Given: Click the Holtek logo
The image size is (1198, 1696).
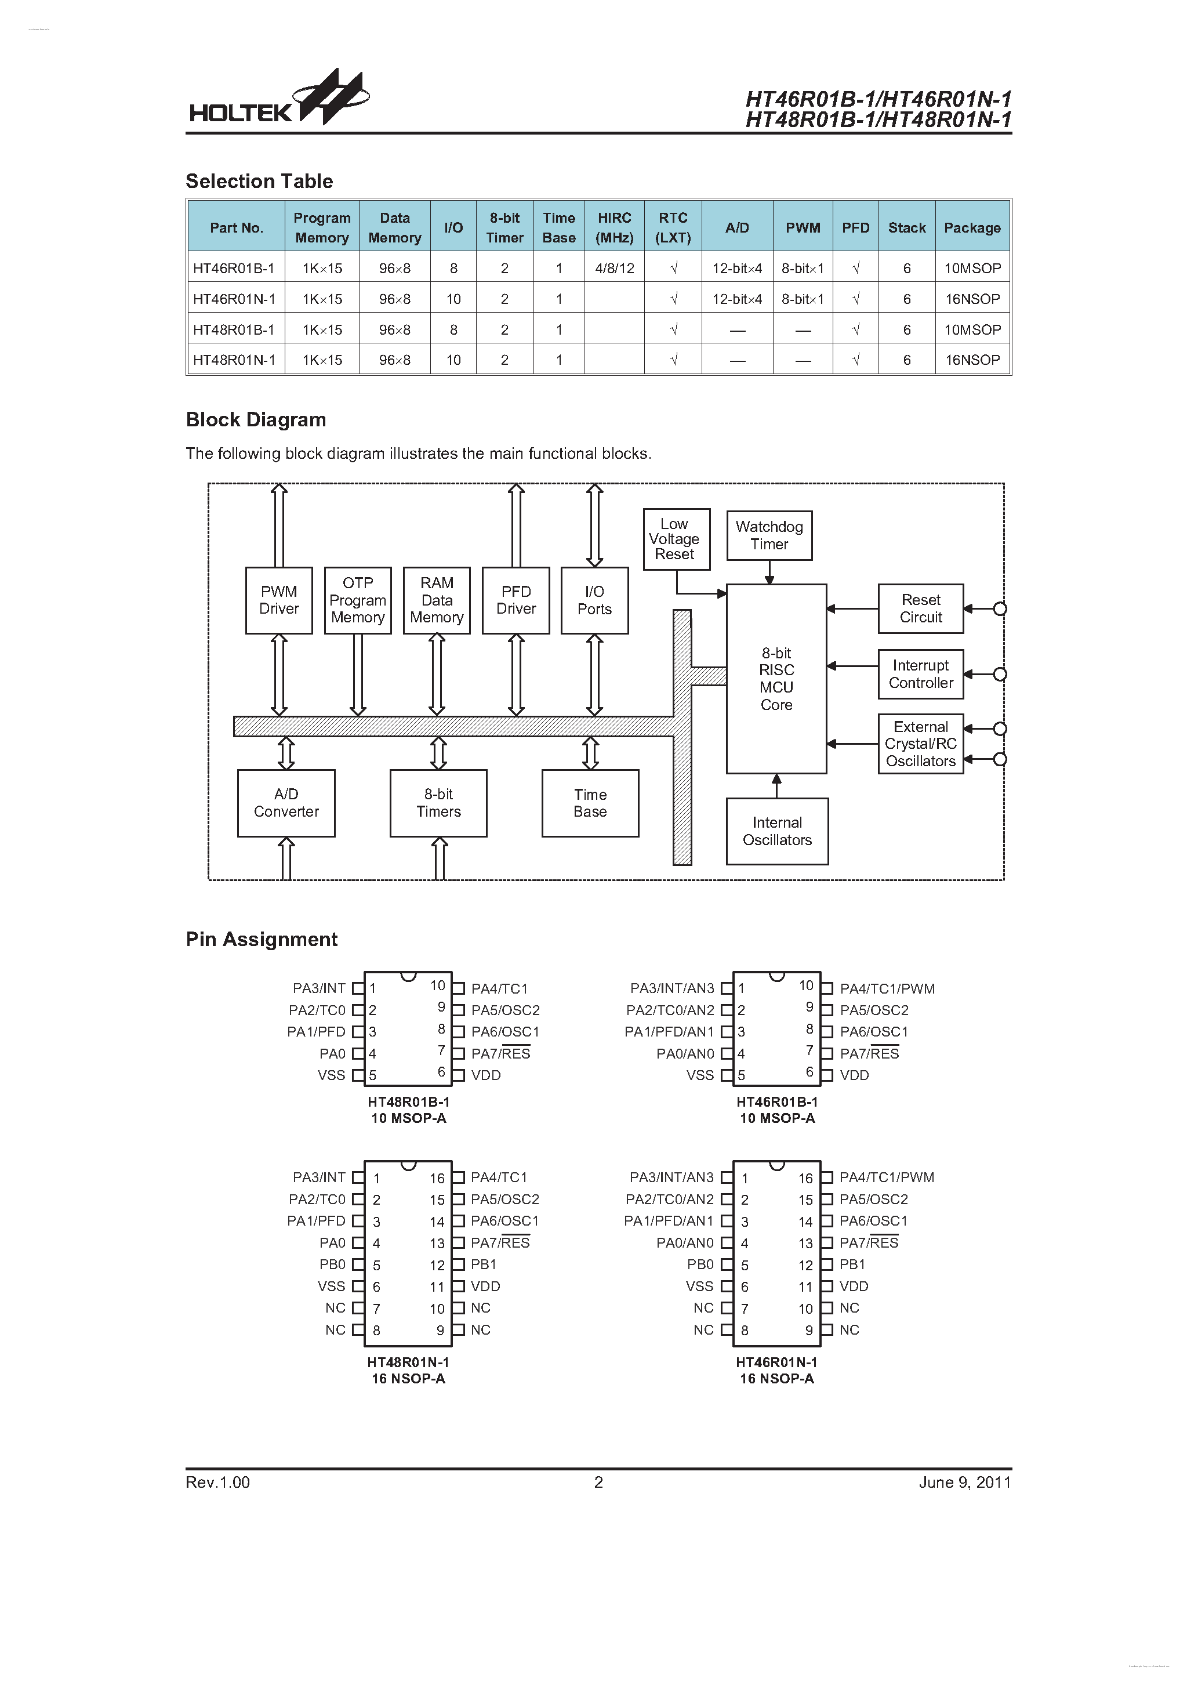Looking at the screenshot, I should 278,100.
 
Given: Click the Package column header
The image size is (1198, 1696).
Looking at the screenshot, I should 971,227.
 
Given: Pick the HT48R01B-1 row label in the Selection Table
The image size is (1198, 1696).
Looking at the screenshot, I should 234,330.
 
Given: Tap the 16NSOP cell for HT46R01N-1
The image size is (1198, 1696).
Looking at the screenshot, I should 972,299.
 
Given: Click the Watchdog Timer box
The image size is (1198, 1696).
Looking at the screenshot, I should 768,535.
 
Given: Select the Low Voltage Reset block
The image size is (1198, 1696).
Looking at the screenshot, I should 675,539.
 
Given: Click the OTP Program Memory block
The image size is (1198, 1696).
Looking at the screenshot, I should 357,600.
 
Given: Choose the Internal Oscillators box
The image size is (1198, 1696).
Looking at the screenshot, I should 776,831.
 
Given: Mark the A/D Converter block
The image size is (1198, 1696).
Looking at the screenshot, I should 286,803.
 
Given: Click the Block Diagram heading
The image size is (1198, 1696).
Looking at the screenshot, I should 256,419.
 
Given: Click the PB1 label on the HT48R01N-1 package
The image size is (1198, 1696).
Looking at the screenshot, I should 484,1264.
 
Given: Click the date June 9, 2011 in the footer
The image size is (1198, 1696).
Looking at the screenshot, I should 964,1483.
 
